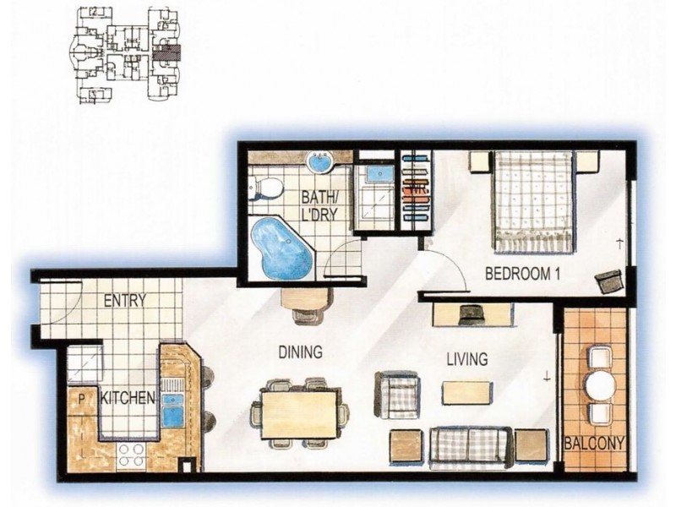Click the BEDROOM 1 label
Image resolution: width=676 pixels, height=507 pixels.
pos(522,274)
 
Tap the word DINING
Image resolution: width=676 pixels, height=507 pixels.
pos(301,352)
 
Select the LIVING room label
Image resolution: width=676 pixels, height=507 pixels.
pos(467,358)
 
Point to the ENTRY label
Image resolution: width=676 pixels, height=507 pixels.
pos(125,300)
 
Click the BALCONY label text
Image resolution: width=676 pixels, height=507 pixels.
pos(595,443)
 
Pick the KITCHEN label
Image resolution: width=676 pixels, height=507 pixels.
pos(128,397)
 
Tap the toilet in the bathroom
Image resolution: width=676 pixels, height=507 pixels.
pos(266,188)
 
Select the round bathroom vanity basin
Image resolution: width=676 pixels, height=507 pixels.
pos(319,162)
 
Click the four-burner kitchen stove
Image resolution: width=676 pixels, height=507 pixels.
pos(132,455)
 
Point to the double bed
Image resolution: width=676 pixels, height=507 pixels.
pos(534,201)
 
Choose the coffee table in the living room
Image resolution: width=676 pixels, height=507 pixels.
pos(467,392)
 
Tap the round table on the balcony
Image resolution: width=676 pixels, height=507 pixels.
pos(601,385)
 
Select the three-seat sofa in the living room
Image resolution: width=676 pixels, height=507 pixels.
pos(471,447)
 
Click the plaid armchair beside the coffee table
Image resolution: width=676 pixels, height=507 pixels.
pos(397,395)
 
